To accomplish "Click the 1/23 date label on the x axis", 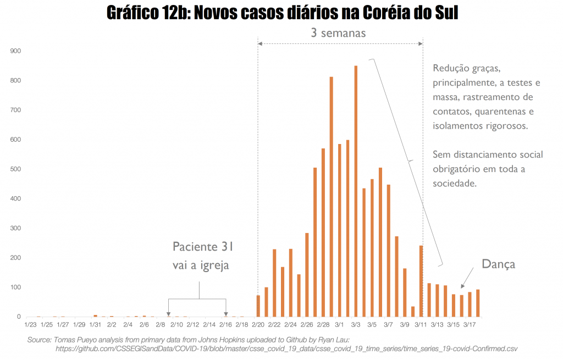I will click(x=30, y=325).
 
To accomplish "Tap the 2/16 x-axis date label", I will click(x=225, y=325).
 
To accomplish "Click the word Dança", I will click(x=498, y=264).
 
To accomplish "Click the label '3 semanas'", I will click(x=338, y=32).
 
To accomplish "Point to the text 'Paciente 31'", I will click(x=203, y=246).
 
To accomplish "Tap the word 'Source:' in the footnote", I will click(x=40, y=340).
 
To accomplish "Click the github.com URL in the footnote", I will click(x=286, y=348).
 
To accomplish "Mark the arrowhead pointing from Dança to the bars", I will click(x=462, y=286).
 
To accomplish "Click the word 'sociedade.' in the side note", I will click(x=454, y=184).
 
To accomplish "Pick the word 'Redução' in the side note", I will click(x=451, y=69).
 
